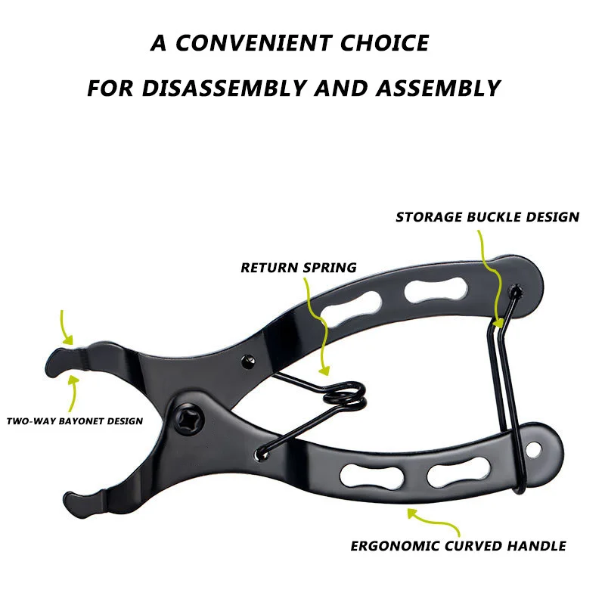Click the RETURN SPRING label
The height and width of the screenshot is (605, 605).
(298, 268)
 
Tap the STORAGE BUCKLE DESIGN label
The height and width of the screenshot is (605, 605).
(487, 218)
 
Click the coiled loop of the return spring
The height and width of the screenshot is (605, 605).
(344, 393)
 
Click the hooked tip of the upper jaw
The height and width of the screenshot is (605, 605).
(57, 361)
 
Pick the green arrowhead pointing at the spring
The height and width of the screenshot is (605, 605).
(324, 371)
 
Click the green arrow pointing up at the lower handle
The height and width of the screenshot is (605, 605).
(412, 513)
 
